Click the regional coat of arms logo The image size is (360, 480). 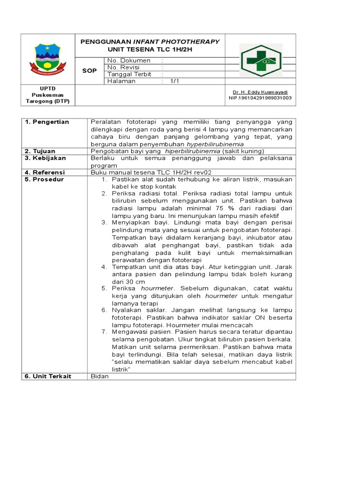pos(47,60)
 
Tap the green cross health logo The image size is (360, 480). pos(261,60)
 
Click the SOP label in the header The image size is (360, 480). pos(89,70)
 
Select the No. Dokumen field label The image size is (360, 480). pos(129,60)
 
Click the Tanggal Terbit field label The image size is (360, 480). pos(129,74)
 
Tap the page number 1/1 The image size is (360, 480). pos(175,81)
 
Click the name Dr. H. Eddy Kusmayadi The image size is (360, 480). pos(260,92)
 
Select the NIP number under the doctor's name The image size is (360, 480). pos(260,98)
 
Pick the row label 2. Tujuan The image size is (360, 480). pos(40,151)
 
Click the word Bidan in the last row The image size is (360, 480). pos(99,376)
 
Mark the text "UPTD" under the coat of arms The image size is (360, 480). pos(47,88)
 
